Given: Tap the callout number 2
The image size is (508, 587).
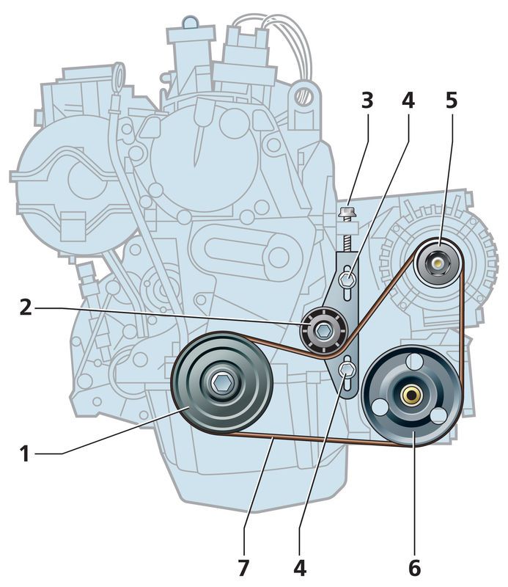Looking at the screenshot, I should (25, 307).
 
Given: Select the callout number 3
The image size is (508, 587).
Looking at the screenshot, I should (367, 100).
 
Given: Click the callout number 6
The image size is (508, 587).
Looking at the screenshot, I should (414, 566).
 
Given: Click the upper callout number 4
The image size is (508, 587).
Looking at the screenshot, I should (408, 100).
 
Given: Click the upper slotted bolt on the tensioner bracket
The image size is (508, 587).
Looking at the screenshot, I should (349, 280).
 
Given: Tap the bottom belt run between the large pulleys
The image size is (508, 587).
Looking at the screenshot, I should (308, 438).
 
